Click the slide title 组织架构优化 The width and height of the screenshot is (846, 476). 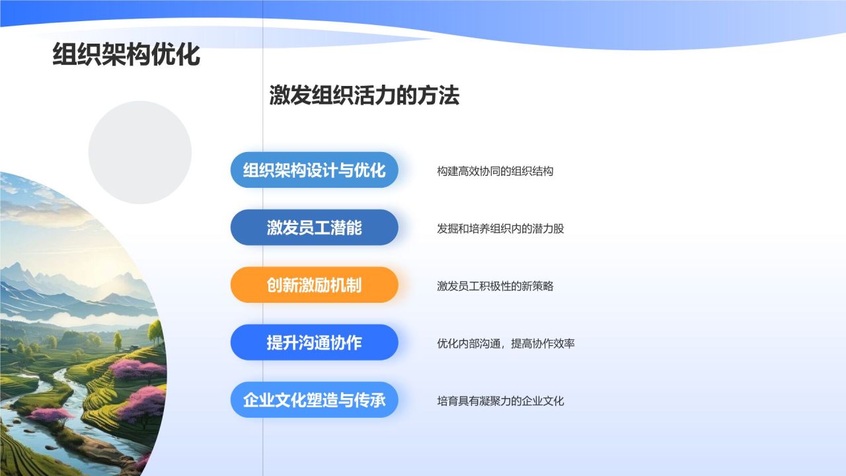click(126, 55)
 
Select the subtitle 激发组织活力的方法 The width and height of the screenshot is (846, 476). click(364, 96)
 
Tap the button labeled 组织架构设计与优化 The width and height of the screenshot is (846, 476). click(314, 170)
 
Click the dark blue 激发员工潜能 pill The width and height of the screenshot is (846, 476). click(314, 227)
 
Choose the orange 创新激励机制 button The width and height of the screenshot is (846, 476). click(314, 285)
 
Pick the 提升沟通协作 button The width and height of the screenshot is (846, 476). click(314, 342)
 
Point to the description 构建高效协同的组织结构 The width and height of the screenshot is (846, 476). click(495, 171)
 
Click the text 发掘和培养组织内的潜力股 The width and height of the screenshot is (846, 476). click(500, 229)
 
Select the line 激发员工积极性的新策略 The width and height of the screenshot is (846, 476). click(495, 286)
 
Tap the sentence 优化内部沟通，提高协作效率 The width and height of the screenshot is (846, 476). click(506, 344)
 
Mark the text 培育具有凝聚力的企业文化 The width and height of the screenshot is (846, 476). click(500, 401)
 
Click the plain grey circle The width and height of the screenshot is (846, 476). click(140, 153)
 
